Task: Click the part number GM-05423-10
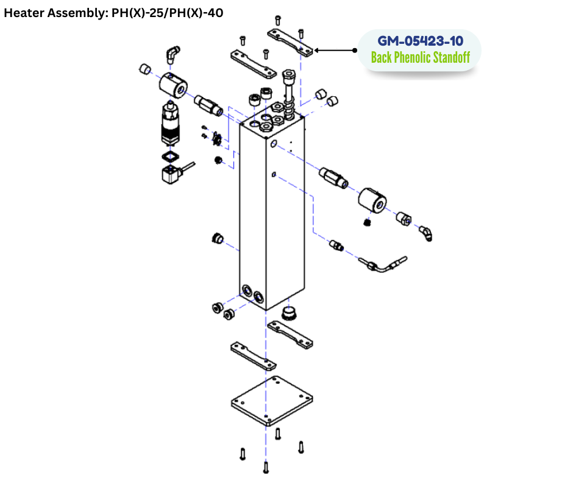click(x=420, y=41)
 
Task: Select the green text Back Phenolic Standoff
click(x=420, y=58)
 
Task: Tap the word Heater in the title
click(x=23, y=12)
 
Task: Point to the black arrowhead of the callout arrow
click(x=318, y=51)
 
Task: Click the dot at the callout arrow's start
click(x=356, y=51)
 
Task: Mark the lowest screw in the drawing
click(x=266, y=468)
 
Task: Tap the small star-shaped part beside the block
click(x=214, y=140)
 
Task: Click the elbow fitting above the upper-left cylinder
click(x=173, y=54)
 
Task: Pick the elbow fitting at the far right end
click(x=425, y=233)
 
